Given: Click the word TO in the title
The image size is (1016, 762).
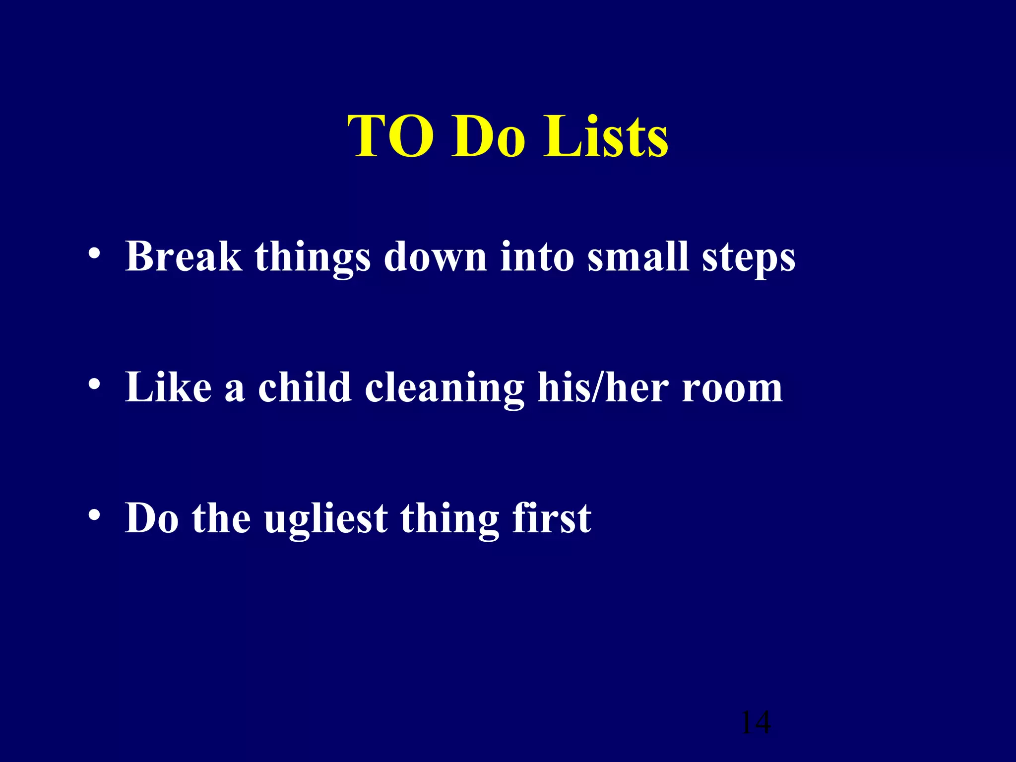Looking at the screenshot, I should (390, 136).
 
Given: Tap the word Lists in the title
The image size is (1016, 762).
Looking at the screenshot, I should (606, 136).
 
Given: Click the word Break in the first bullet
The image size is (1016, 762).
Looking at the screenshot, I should (184, 256).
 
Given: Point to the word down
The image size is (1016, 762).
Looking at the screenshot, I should (436, 256).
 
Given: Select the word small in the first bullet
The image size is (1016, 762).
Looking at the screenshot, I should (638, 256).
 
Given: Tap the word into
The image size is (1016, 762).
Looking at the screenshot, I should (537, 256).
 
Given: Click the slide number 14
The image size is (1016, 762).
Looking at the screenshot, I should (756, 723).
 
